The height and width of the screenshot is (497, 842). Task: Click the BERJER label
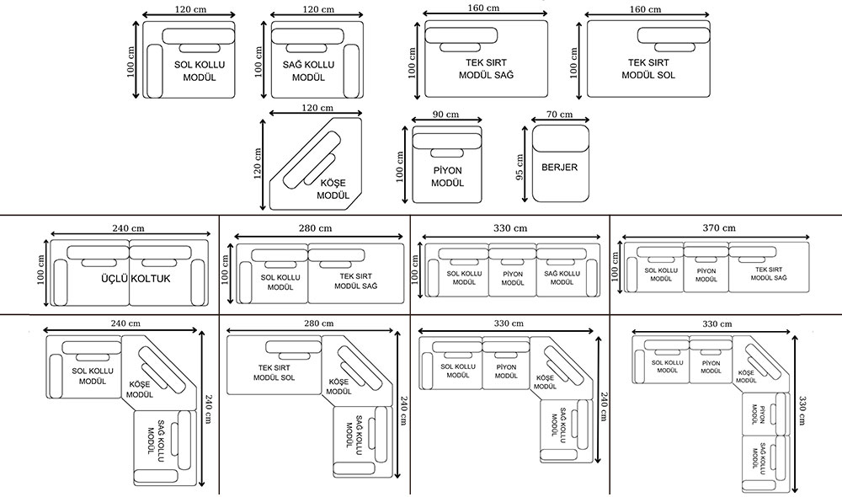pyautogui.click(x=560, y=168)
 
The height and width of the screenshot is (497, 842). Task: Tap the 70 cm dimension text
pyautogui.click(x=559, y=115)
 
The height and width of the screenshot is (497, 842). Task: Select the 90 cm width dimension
pyautogui.click(x=445, y=115)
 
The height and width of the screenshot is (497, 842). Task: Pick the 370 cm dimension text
pyautogui.click(x=718, y=228)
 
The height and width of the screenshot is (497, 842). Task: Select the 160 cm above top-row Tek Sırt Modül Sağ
pyautogui.click(x=482, y=8)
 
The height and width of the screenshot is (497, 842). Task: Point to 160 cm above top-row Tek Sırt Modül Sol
pyautogui.click(x=644, y=9)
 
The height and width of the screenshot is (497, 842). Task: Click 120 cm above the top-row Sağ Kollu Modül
pyautogui.click(x=317, y=9)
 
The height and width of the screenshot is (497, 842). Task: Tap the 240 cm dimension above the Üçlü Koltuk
pyautogui.click(x=129, y=228)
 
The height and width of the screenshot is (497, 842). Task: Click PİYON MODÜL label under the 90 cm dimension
pyautogui.click(x=446, y=176)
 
